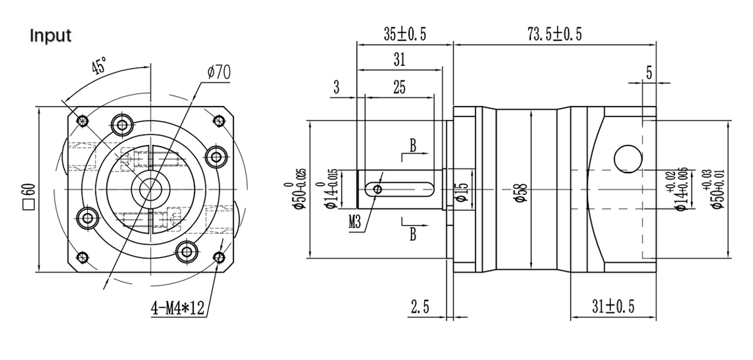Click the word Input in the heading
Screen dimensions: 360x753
click(x=51, y=36)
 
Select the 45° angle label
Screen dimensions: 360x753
click(x=99, y=66)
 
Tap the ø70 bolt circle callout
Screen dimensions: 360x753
click(x=217, y=73)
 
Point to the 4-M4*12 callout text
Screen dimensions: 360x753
click(x=178, y=307)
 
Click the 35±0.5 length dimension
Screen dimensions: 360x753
click(x=405, y=34)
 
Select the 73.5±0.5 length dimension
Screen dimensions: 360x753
click(x=554, y=34)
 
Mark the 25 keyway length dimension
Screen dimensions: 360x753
click(x=398, y=87)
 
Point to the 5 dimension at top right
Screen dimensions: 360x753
click(x=649, y=73)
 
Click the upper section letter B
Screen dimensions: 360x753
click(x=413, y=145)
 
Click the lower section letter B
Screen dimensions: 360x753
click(x=413, y=234)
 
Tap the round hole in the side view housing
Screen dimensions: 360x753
click(x=625, y=157)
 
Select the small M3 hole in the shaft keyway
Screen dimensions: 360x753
click(x=376, y=189)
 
